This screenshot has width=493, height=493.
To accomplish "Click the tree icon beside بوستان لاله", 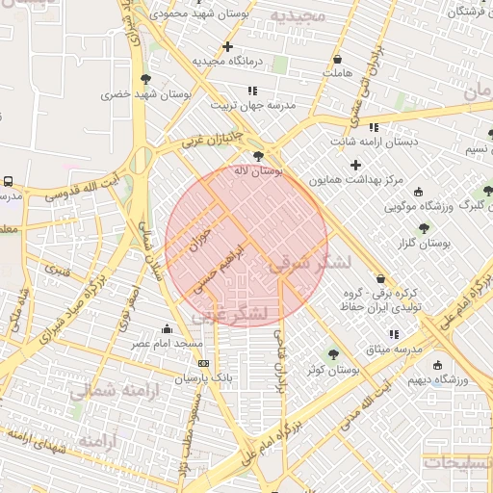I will point(258,155).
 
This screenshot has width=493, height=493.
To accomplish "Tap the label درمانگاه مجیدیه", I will point(231,61).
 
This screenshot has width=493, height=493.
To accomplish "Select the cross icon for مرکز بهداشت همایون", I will point(357,165).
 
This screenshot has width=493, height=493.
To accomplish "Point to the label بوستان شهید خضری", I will point(108,94).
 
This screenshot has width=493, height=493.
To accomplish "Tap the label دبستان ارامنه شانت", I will point(376,142).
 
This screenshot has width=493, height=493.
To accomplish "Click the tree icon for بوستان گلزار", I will point(424,229).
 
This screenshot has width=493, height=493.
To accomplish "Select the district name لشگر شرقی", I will point(309,263).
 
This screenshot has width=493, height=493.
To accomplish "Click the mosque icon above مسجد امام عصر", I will point(168,328).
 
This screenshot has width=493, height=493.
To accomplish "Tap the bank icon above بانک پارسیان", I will point(203,363).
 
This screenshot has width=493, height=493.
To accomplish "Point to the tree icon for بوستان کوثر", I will point(334,354).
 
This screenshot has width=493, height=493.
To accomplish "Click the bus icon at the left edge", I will point(8,181).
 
